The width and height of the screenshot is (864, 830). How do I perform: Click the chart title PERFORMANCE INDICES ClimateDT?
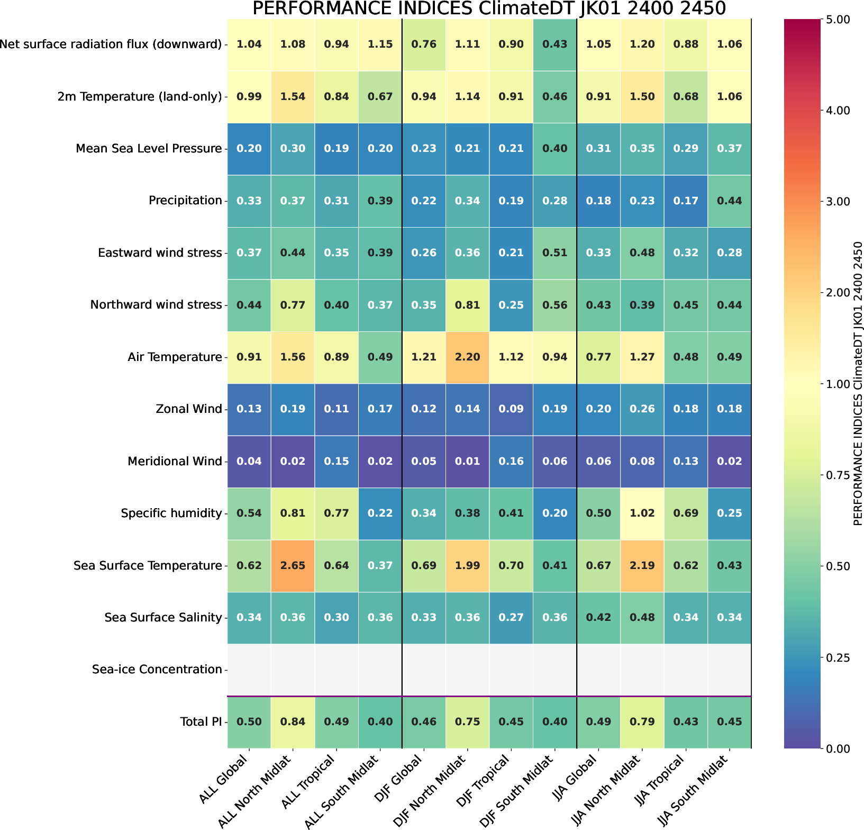click(x=488, y=9)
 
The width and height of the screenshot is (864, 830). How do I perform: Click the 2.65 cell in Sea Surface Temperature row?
click(x=293, y=565)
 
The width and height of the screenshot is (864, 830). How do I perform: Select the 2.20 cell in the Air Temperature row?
click(x=467, y=357)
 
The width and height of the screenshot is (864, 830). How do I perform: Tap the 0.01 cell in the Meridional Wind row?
click(x=467, y=461)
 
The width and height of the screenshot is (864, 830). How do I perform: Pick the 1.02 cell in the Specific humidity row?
click(x=642, y=513)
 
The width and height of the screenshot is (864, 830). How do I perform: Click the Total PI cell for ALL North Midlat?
click(x=293, y=721)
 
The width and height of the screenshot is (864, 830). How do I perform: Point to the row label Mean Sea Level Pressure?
click(x=149, y=148)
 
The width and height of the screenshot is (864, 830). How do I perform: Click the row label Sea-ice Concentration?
click(x=157, y=670)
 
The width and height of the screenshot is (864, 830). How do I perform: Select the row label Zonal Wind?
click(x=189, y=409)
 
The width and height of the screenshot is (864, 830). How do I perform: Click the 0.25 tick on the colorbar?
click(x=836, y=657)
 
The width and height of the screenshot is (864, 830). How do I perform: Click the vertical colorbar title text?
click(x=858, y=383)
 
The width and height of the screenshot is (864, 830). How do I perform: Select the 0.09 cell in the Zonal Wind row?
click(x=511, y=409)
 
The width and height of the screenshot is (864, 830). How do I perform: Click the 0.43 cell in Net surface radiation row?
click(x=554, y=44)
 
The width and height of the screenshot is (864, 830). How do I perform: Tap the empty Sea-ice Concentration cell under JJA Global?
click(x=598, y=670)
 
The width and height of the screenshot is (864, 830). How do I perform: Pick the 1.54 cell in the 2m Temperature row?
click(x=293, y=96)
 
